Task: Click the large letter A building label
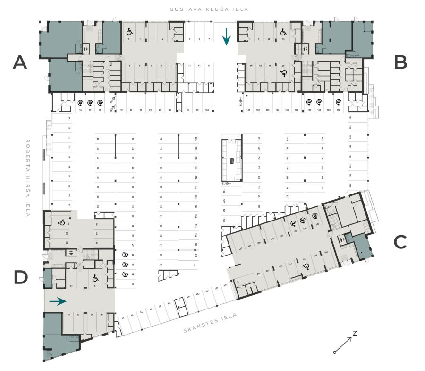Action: coord(20,62)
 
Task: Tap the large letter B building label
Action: coord(400,62)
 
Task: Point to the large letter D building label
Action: coord(21,277)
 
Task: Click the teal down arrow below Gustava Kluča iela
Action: coord(227,36)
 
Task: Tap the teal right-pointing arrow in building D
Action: coord(58,301)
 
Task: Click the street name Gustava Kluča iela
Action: coord(210,9)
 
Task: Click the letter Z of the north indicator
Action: coord(354,333)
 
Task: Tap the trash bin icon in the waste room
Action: coord(232,161)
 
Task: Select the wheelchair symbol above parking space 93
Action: coord(283,32)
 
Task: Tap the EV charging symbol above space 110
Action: coord(338,102)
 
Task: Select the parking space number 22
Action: coord(150,110)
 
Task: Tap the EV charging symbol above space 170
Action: coord(315,217)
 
